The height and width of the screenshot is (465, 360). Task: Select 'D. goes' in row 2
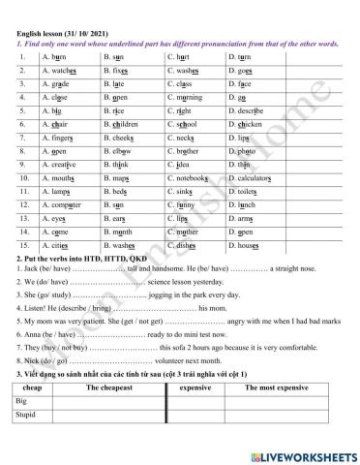pyautogui.click(x=241, y=71)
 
